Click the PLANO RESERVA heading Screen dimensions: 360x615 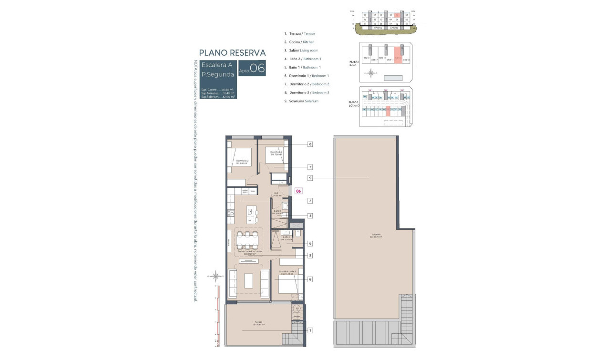232,52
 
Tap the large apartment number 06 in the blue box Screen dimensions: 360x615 257,68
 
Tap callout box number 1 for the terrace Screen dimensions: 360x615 310,330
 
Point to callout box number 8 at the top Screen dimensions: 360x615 310,144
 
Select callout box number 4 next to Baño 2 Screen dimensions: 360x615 310,216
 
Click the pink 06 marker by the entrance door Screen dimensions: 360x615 298,191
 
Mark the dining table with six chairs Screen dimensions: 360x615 248,240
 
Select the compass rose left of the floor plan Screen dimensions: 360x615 216,276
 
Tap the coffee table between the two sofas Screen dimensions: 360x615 249,281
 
